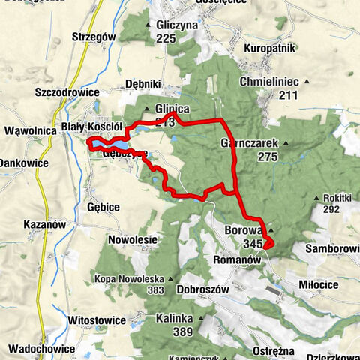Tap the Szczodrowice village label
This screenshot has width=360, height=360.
coord(66,92)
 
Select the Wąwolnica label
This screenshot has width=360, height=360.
coord(30,130)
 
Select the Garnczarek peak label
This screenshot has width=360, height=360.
coord(250,142)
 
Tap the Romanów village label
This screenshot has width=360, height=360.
coord(236,259)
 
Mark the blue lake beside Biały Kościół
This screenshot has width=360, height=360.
coord(111,142)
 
